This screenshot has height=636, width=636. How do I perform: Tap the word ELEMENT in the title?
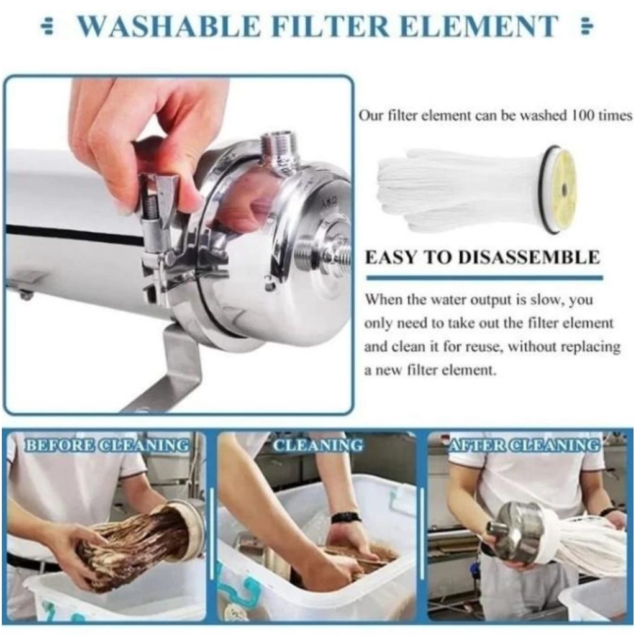(x=478, y=26)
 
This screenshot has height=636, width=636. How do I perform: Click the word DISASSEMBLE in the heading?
(x=529, y=258)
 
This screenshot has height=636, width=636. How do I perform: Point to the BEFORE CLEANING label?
(x=107, y=445)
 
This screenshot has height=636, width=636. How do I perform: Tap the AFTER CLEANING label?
(x=523, y=445)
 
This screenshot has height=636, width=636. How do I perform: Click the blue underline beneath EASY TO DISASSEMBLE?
(x=484, y=278)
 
